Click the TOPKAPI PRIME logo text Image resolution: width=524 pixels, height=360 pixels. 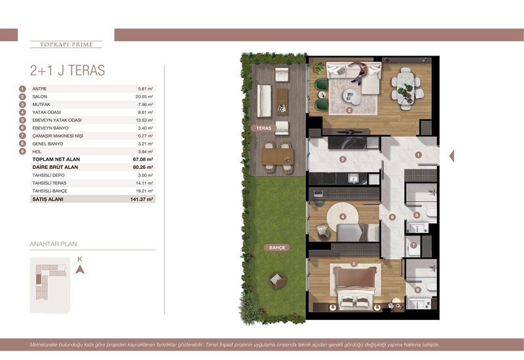[66, 45]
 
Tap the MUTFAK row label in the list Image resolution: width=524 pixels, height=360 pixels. [41, 104]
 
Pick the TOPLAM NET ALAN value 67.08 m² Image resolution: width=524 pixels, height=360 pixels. [142, 159]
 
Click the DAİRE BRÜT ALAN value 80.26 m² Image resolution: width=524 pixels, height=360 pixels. [142, 167]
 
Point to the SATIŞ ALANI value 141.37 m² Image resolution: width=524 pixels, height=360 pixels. [141, 198]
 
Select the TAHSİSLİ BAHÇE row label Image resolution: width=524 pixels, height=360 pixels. [49, 190]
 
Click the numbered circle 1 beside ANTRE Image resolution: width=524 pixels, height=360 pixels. [22, 88]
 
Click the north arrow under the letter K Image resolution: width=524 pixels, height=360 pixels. [80, 269]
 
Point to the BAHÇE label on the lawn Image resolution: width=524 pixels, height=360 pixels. [274, 248]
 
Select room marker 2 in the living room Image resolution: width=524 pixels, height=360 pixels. [350, 111]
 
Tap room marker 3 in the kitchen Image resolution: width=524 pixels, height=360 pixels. [342, 159]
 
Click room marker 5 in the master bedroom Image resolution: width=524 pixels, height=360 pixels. [353, 264]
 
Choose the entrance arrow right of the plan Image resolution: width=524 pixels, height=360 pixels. [451, 156]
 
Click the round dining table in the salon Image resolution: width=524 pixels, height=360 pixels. [406, 83]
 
